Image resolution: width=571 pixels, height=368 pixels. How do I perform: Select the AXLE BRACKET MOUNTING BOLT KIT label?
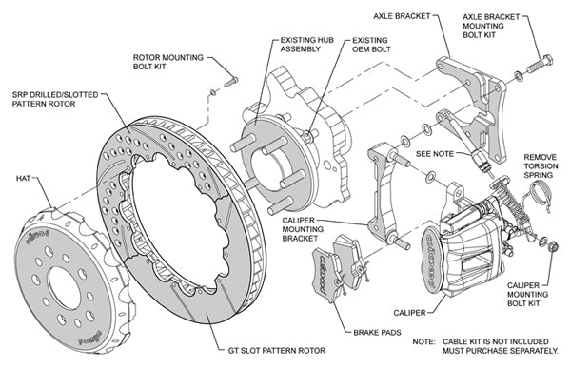[x=495, y=27]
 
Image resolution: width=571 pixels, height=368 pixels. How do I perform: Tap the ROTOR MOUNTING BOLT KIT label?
[x=169, y=63]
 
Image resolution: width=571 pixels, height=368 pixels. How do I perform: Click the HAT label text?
[x=25, y=177]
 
